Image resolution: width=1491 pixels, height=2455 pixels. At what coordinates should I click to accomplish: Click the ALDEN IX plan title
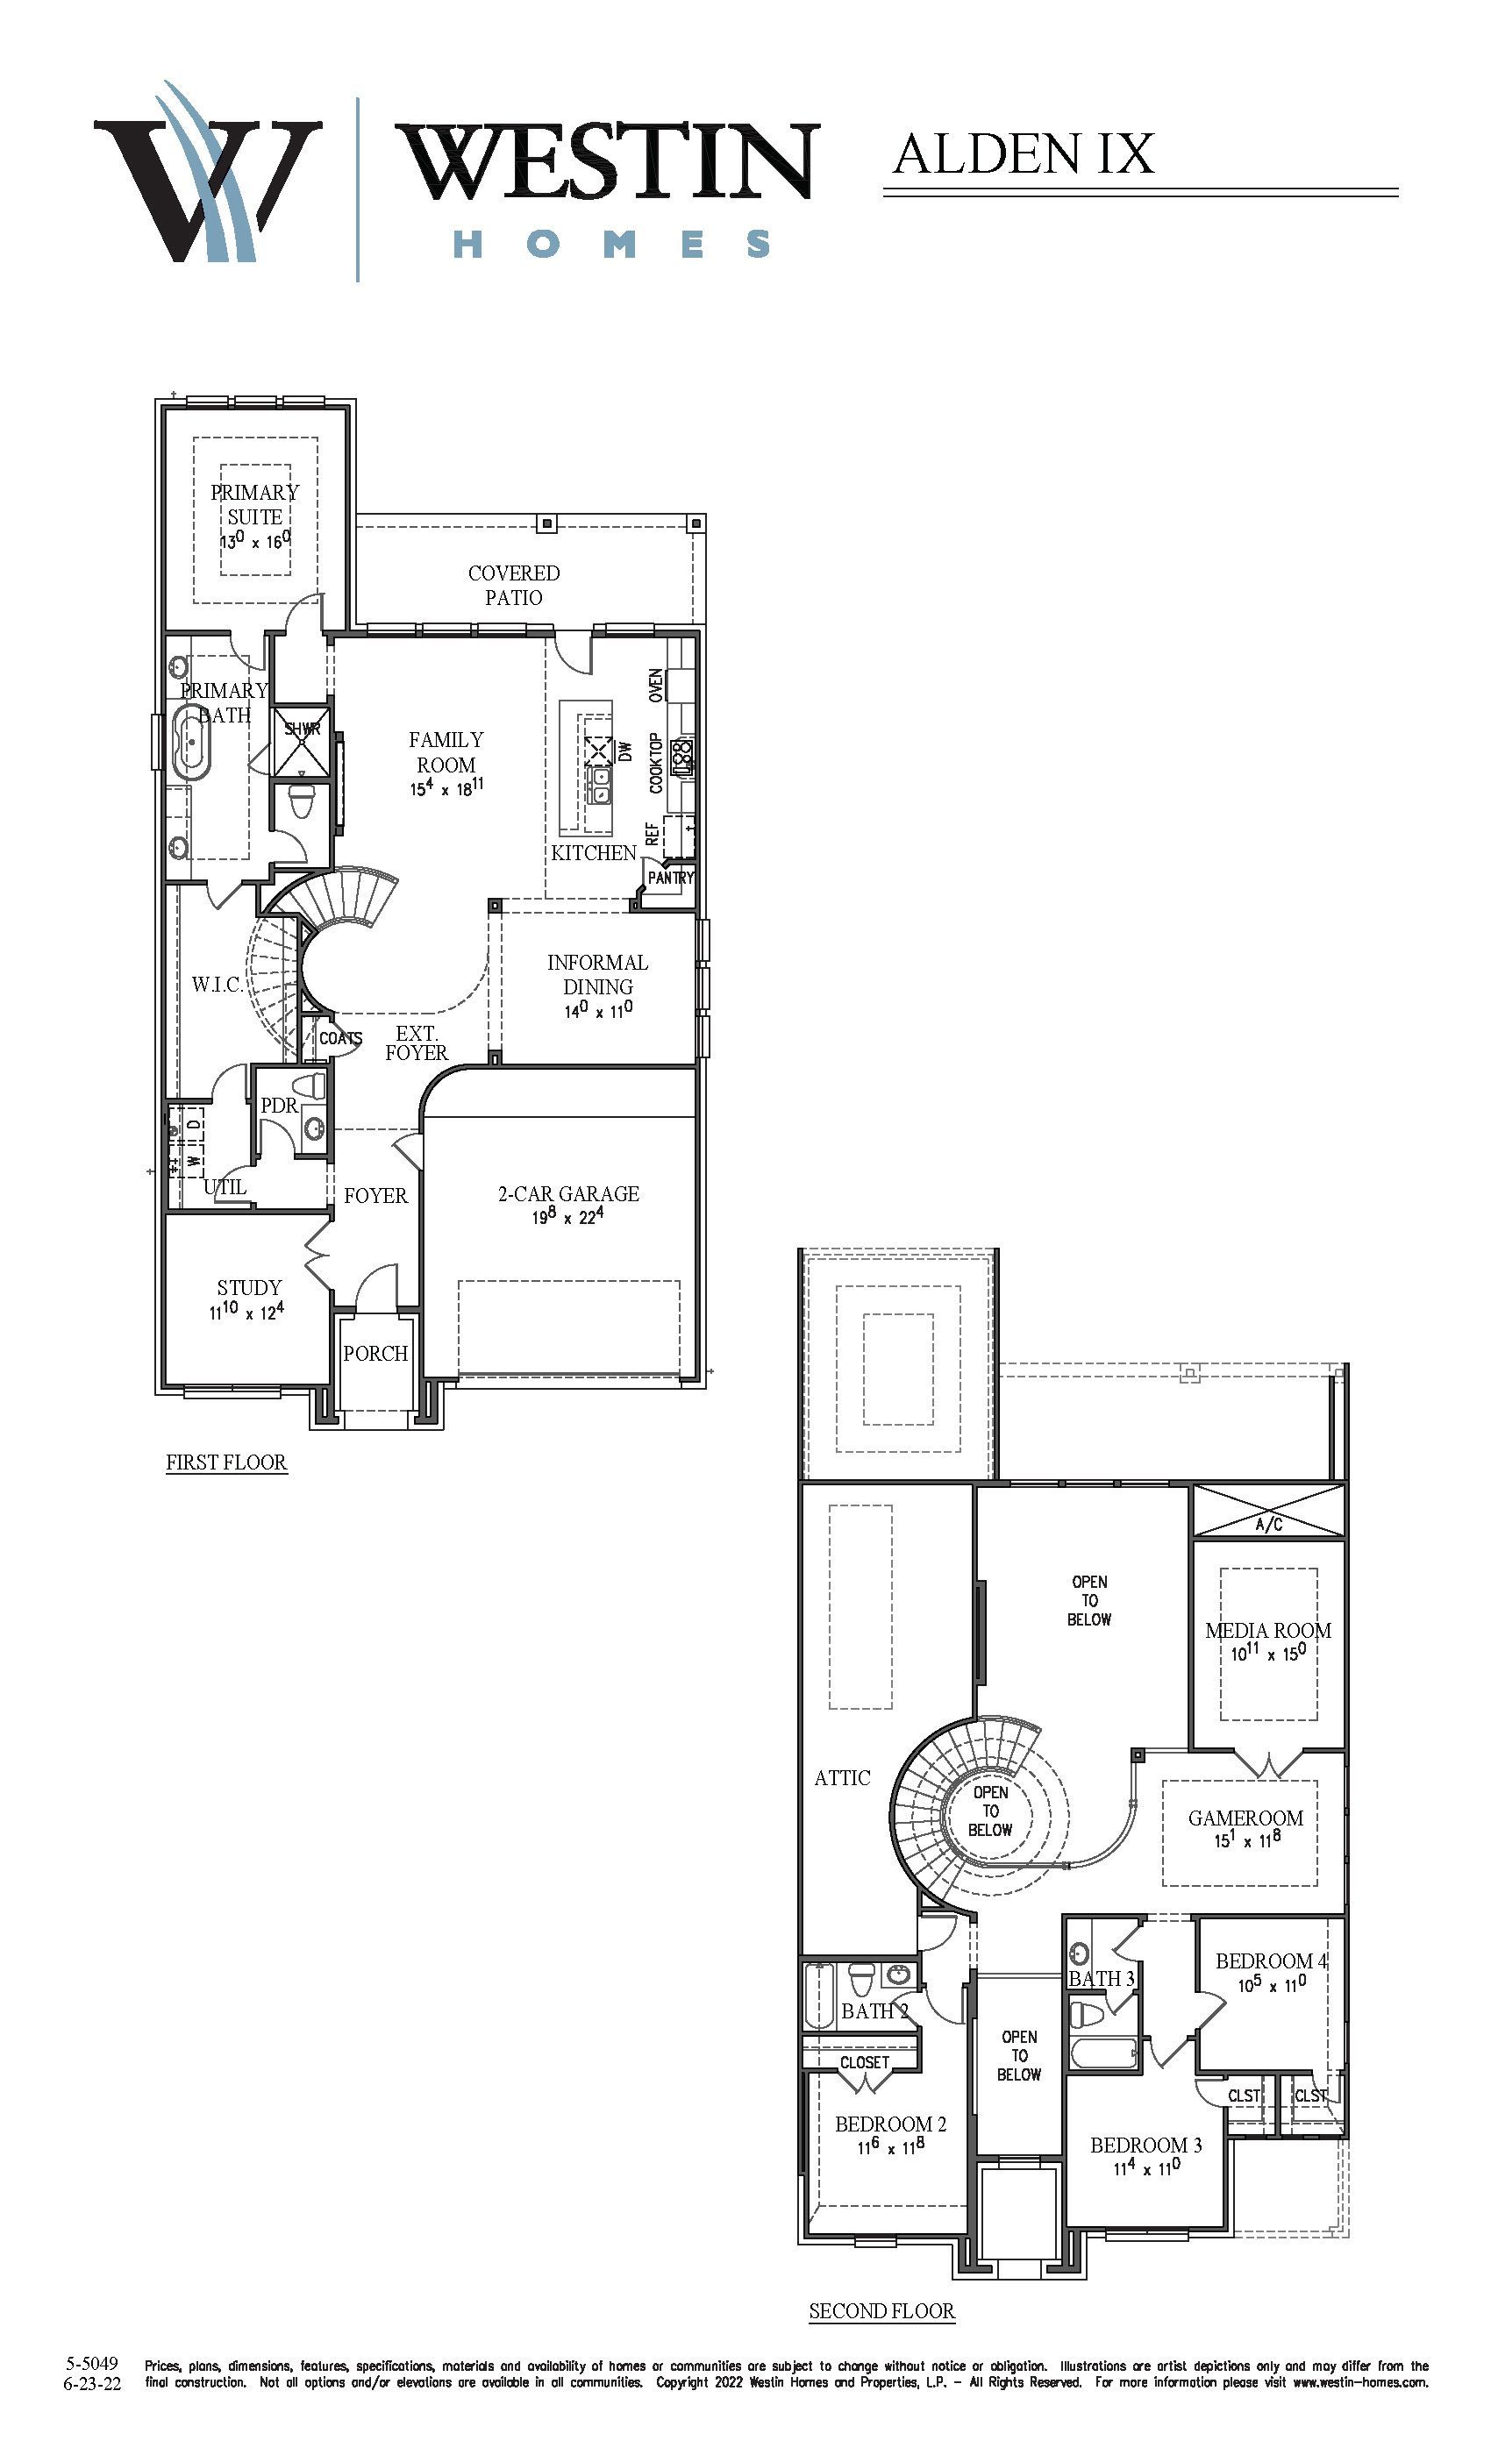[x=1024, y=154]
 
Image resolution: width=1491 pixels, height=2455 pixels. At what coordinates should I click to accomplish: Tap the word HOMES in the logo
[x=612, y=244]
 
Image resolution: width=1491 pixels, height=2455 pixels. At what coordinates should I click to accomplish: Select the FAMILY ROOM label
[x=446, y=752]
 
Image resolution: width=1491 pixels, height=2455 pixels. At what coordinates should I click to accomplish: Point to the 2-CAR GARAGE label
[x=568, y=1193]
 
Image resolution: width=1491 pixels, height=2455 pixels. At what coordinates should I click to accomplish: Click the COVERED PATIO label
[x=514, y=585]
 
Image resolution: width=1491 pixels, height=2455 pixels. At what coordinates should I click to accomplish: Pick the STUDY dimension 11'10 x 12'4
[x=246, y=1311]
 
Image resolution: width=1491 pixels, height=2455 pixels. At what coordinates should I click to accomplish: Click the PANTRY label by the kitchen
[x=671, y=878]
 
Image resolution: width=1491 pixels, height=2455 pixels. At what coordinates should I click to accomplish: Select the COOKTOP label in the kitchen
[x=656, y=763]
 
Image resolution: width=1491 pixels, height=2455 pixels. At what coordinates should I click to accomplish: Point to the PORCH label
[x=375, y=1353]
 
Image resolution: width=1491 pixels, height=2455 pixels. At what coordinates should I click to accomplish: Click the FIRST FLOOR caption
[x=226, y=1462]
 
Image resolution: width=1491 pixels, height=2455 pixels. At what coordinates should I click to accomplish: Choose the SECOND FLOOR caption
[x=882, y=2310]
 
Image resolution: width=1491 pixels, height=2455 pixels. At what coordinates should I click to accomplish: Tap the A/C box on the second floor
[x=1269, y=1512]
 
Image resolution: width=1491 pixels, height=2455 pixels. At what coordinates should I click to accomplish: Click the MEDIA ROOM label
[x=1267, y=1631]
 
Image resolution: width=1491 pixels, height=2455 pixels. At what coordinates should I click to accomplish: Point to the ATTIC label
[x=842, y=1777]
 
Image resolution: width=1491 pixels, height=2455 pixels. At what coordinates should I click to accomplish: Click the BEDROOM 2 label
[x=891, y=2124]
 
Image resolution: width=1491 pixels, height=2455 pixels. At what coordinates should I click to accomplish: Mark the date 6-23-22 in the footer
[x=92, y=2383]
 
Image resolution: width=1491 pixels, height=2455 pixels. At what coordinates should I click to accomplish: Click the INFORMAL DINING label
[x=597, y=974]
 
